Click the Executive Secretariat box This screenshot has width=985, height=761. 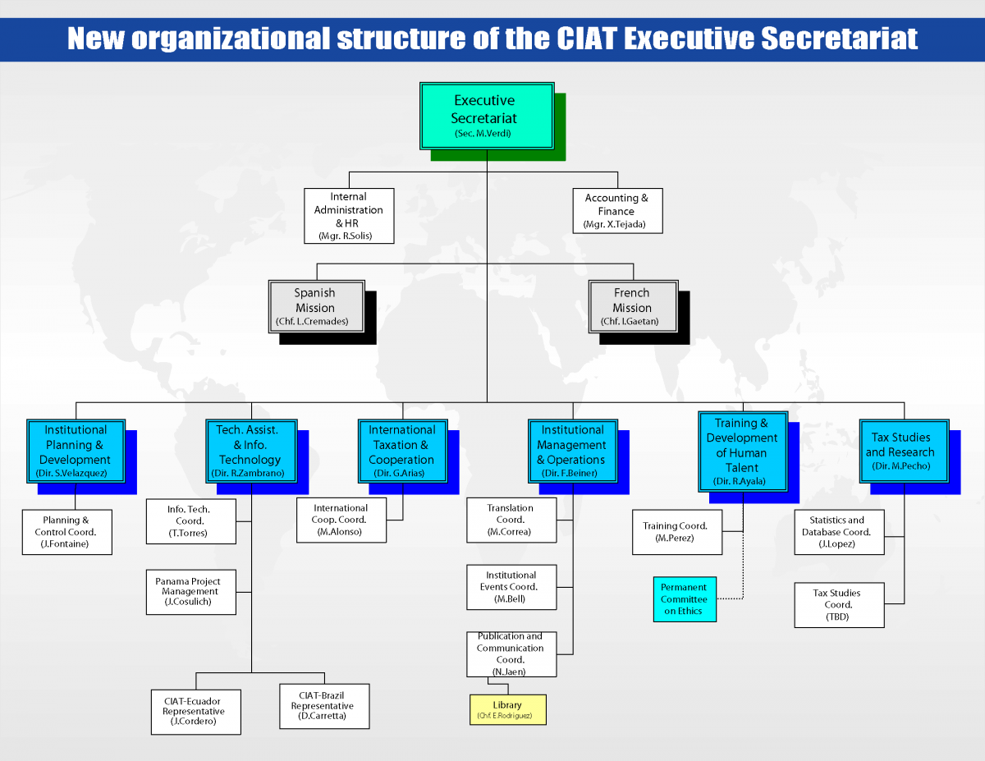(487, 116)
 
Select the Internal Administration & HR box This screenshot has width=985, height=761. (349, 216)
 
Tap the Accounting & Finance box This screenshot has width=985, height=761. (617, 211)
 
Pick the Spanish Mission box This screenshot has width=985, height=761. (316, 306)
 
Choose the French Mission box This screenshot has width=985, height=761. (633, 306)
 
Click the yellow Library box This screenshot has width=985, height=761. (507, 709)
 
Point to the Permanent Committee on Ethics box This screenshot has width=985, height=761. (685, 599)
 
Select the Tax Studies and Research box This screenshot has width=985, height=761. (904, 452)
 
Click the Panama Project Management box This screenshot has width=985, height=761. (190, 592)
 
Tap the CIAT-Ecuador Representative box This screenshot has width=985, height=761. (196, 712)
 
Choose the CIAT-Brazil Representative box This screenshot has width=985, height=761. (324, 706)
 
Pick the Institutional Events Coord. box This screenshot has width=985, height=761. (511, 587)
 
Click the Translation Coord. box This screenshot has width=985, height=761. (511, 520)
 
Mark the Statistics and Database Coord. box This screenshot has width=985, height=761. (839, 532)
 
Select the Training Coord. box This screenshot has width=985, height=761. (676, 532)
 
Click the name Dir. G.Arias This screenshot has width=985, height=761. (399, 473)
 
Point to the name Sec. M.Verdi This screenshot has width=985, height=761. (483, 133)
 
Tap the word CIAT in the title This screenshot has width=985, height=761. (587, 38)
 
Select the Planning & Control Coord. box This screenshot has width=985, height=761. (67, 532)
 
